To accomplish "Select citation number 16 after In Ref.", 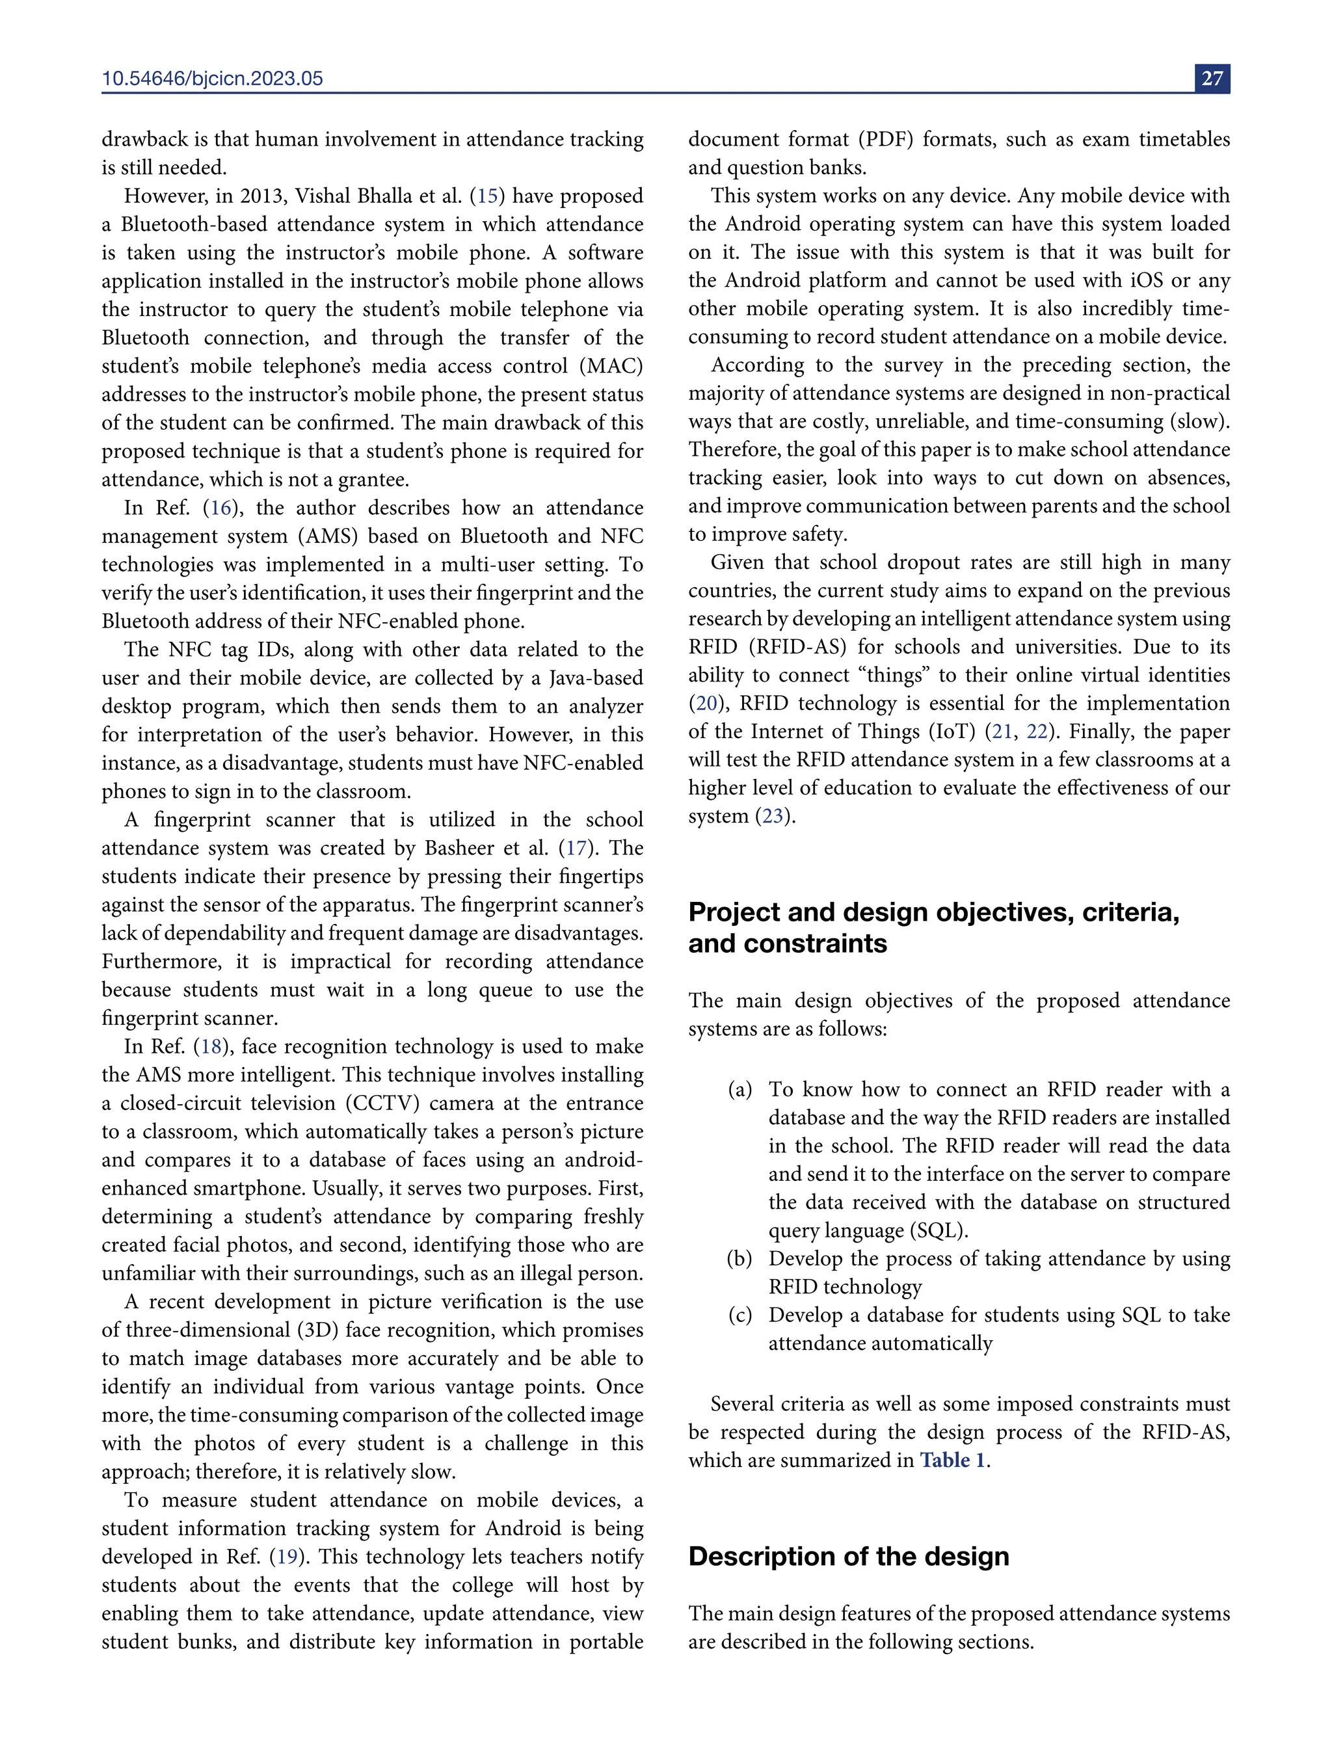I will coord(221,507).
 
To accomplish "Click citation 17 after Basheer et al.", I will coord(576,847).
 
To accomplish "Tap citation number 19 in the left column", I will coord(286,1556).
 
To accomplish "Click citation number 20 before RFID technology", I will coord(706,703).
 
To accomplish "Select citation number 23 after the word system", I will coord(772,815).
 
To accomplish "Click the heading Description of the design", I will coord(848,1556).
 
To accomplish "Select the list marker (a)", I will coord(739,1089).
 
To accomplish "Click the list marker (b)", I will coord(739,1258).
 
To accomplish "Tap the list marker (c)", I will coord(739,1315).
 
